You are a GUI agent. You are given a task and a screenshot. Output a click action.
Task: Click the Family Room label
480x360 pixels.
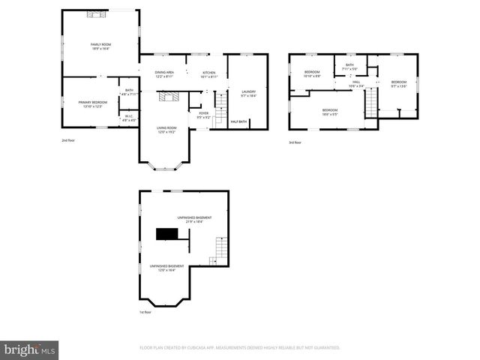coord(101,46)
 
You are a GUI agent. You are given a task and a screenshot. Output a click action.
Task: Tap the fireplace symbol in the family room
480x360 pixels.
coord(95,13)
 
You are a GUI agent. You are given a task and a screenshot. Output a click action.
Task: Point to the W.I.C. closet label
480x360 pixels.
coord(129,116)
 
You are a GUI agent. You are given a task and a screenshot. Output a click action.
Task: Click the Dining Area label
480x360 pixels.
coord(164,74)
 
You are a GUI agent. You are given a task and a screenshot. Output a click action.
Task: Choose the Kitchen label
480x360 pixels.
coord(209,74)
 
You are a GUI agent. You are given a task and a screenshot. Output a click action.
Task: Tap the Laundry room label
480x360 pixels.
coord(249,94)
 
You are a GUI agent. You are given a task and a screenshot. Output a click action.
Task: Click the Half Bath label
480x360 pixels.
coord(239,121)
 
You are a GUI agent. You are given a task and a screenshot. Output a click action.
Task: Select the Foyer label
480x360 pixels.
coord(202,116)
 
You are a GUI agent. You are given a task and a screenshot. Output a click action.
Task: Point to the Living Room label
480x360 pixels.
coord(166,130)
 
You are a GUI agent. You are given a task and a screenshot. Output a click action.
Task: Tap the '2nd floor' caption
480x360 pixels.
coord(69,140)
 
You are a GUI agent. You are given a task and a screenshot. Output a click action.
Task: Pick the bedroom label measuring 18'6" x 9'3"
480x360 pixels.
coord(330,112)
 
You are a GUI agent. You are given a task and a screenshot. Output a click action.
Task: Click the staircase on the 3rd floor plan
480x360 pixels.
coord(371,104)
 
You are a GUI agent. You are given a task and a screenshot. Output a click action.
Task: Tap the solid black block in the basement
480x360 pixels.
coord(166,234)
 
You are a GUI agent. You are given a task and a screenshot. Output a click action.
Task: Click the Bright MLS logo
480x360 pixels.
coord(30,349)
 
